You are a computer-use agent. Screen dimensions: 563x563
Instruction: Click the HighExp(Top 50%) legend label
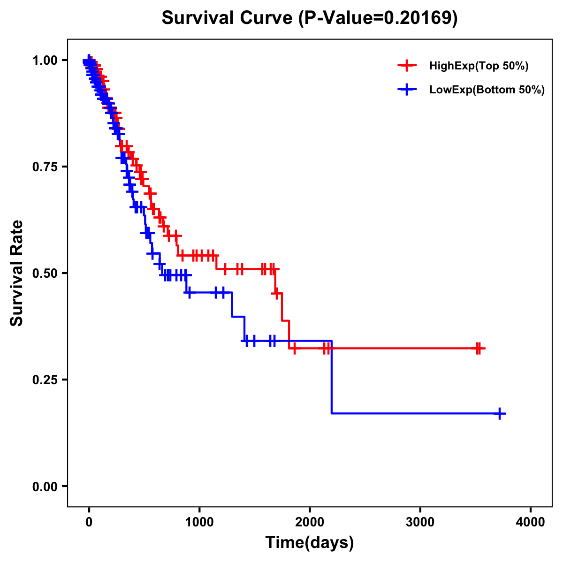pos(479,66)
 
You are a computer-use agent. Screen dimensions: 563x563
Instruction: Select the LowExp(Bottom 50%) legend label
pos(487,90)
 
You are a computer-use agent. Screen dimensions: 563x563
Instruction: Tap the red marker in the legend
pos(407,66)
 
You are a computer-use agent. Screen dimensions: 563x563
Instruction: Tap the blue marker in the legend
pos(407,90)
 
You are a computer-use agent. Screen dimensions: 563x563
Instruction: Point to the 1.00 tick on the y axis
pos(45,61)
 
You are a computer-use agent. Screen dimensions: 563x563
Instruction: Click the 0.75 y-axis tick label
pos(45,167)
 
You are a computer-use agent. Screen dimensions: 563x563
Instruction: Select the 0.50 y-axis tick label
pos(45,274)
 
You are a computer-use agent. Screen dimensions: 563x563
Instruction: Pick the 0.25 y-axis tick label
pos(45,380)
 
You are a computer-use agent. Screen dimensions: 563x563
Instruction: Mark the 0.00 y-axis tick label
pos(45,486)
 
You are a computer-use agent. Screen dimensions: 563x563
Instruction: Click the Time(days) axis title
pos(310,542)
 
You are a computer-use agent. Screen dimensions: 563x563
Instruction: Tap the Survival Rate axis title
pos(17,273)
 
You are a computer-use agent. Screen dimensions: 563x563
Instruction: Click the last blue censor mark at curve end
pos(500,413)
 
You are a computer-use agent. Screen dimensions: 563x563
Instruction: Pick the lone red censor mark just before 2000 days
pos(294,349)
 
